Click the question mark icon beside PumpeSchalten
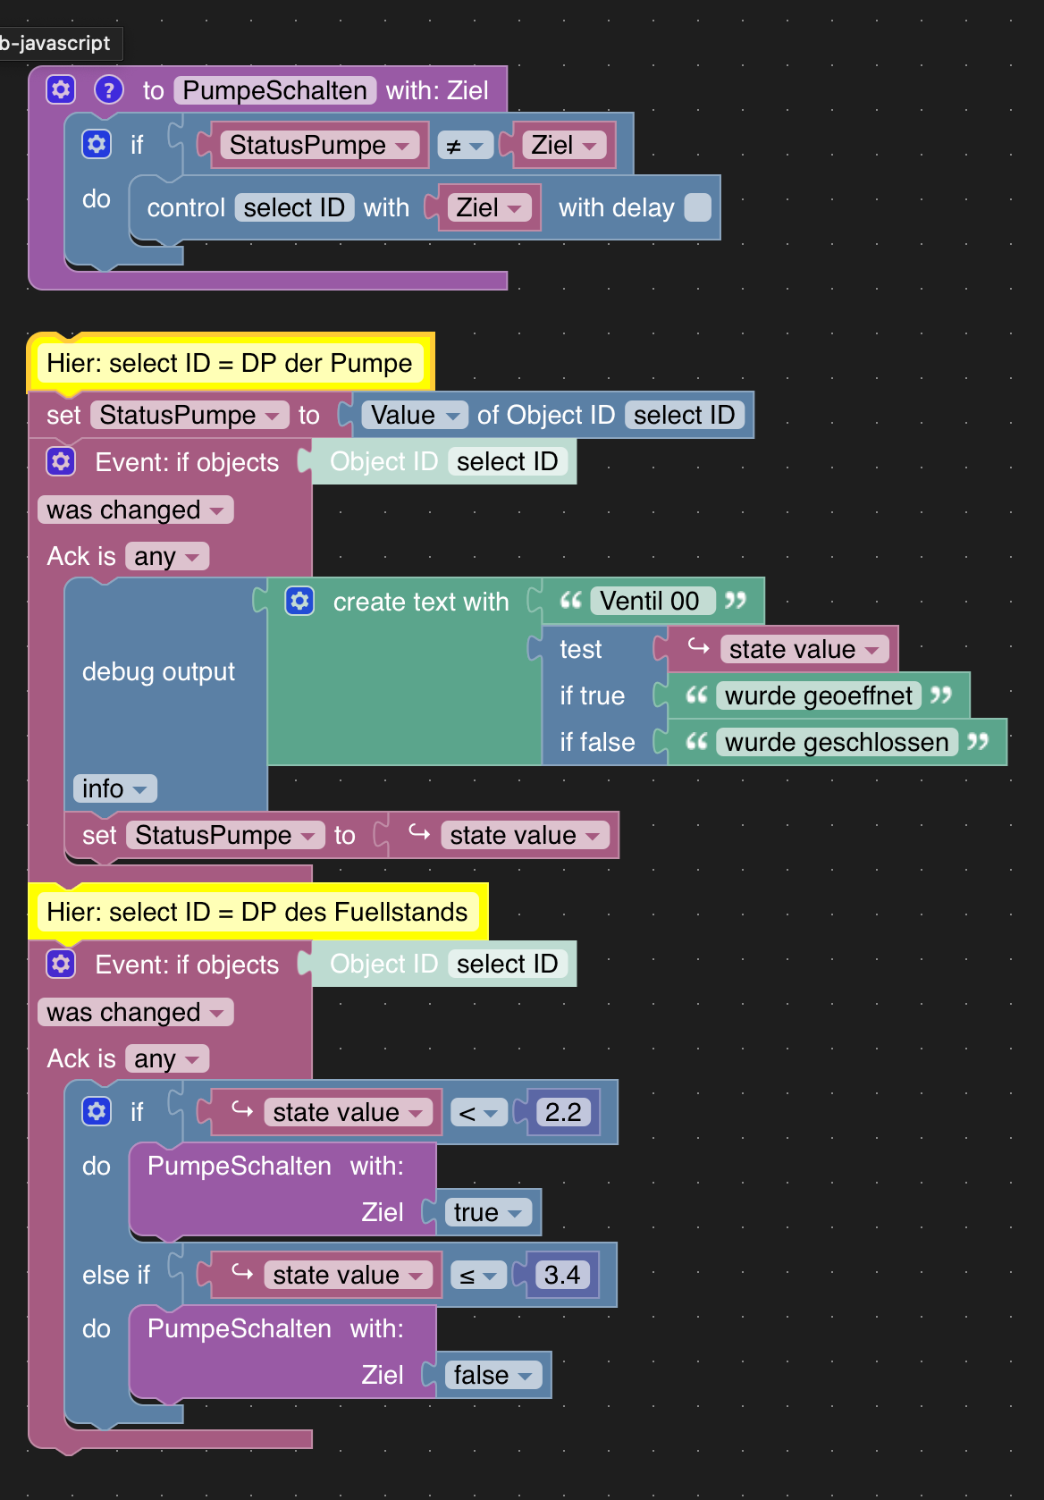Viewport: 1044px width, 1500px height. [108, 89]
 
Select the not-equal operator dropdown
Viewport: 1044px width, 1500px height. [465, 146]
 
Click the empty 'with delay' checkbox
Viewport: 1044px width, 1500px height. [697, 207]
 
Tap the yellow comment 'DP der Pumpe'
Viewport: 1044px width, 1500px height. [230, 363]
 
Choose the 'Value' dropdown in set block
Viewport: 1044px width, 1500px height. [415, 415]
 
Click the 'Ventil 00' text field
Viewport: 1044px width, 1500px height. [652, 601]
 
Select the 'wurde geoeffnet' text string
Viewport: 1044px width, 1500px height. [818, 695]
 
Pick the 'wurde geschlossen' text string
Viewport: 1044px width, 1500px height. [836, 742]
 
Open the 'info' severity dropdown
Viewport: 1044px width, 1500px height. [114, 788]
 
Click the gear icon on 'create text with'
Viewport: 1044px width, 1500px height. [299, 601]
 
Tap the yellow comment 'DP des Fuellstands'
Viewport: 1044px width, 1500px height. [257, 912]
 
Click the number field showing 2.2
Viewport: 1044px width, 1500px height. [563, 1112]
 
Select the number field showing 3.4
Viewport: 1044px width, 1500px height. [562, 1275]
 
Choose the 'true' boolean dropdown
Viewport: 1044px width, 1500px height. [487, 1212]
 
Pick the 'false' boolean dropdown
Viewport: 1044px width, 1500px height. [493, 1375]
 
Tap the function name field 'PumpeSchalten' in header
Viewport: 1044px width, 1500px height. [274, 90]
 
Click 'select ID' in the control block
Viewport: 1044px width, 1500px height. [294, 207]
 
